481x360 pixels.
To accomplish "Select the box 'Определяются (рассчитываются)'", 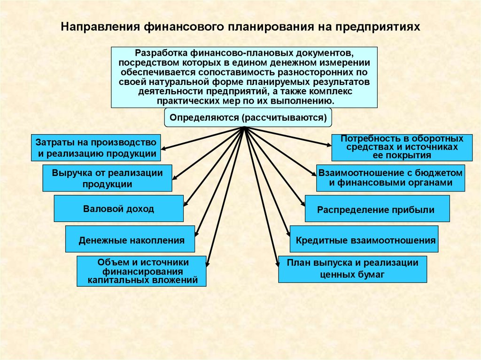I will click(248, 117).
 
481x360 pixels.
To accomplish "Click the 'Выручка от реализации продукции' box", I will click(107, 178).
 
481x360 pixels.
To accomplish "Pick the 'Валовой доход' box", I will click(118, 209).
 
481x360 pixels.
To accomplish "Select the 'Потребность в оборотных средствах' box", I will click(402, 147).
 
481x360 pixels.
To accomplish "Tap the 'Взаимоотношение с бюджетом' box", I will click(390, 178).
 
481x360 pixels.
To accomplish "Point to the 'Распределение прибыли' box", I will click(377, 209).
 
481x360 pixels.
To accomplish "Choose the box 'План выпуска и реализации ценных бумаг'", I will click(352, 269).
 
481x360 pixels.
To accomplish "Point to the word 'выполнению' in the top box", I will click(310, 101).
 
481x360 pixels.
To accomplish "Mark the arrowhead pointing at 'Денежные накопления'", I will click(197, 233).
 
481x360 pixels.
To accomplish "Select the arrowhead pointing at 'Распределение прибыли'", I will click(303, 204).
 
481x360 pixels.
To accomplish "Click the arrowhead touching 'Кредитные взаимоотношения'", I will click(288, 234).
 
